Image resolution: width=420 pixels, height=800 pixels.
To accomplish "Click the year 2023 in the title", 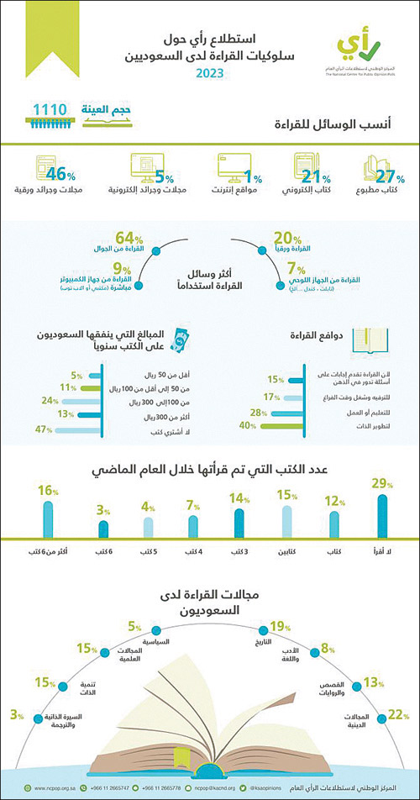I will tap(216, 74).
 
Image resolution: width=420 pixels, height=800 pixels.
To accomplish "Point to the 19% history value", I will tap(280, 624).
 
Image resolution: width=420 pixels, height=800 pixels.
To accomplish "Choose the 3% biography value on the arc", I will tap(16, 714).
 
